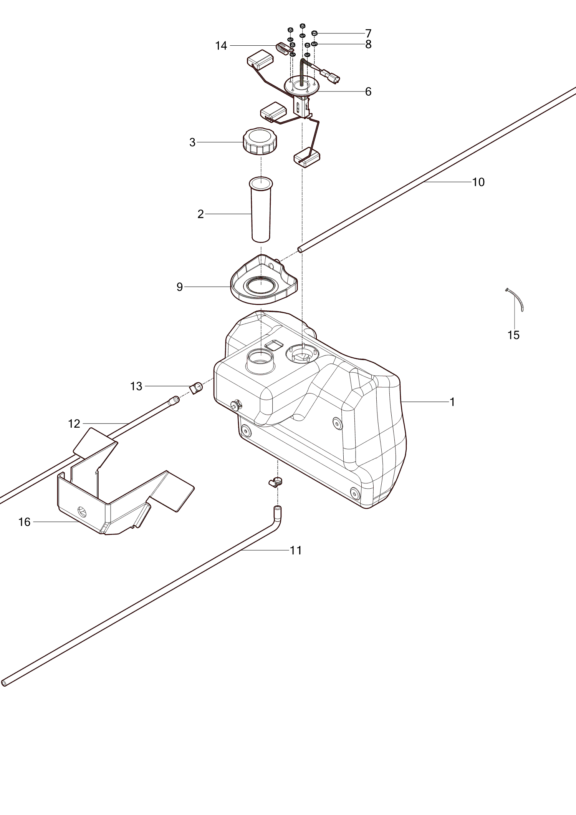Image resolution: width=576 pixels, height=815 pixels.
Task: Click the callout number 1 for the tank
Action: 452,402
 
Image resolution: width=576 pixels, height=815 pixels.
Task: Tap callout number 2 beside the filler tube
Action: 200,214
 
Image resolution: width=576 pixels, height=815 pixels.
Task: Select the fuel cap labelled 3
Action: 260,141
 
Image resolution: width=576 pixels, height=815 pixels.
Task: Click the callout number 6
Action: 368,91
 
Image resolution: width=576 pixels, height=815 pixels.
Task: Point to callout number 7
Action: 368,33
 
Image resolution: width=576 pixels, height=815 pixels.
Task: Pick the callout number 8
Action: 368,45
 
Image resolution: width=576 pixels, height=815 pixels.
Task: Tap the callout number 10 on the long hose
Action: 478,182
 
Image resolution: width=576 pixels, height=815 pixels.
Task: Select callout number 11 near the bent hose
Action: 296,551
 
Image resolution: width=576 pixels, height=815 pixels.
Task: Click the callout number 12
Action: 74,424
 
